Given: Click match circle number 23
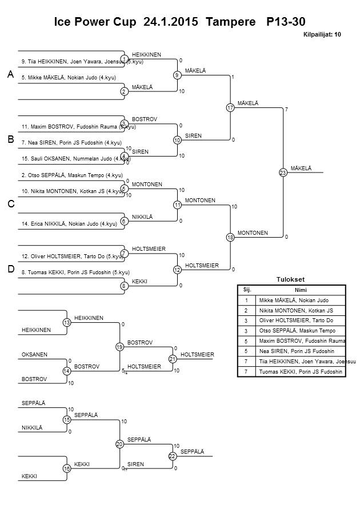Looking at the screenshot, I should point(282,172).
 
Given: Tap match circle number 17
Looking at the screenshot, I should point(230,107).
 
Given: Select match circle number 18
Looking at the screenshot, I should point(230,237).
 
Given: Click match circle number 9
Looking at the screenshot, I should point(177,75).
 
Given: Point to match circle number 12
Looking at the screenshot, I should point(177,269).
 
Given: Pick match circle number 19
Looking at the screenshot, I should point(119,347).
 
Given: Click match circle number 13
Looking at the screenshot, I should point(67,323).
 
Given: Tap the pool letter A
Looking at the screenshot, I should point(10,75).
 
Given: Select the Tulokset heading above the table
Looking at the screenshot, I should point(290,279).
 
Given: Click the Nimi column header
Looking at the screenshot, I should point(299,289).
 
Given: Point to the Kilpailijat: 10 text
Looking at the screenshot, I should point(322,34).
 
